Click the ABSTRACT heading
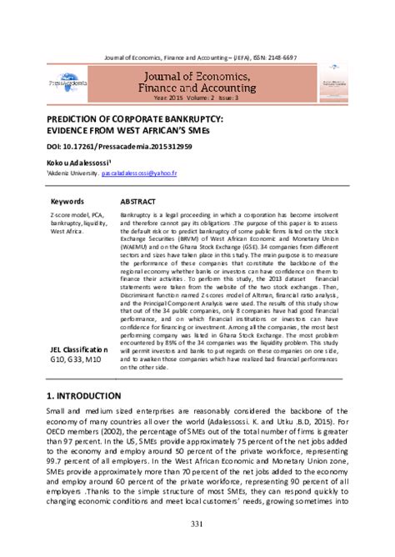tap(141, 202)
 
